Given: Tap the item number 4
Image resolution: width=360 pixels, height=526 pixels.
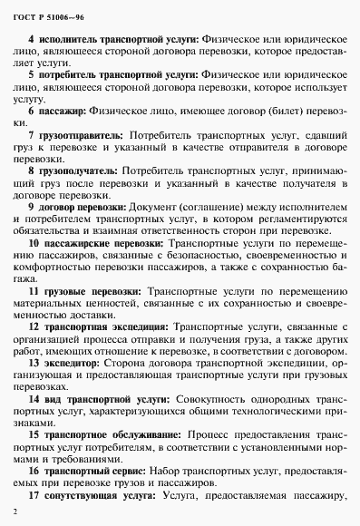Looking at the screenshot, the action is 32,41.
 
